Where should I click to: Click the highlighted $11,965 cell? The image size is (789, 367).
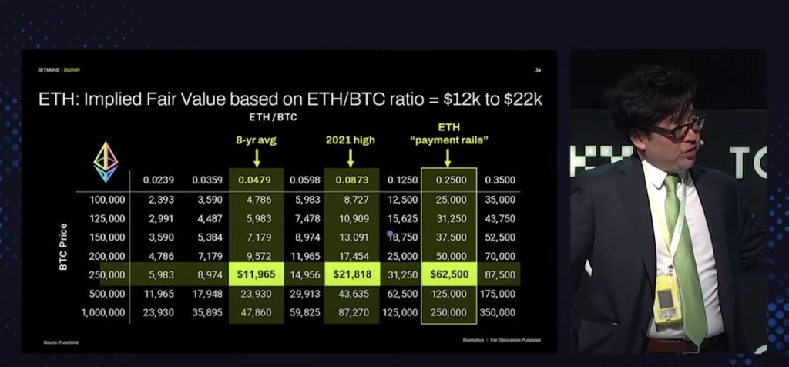pos(256,274)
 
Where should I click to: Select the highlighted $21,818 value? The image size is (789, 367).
pos(351,274)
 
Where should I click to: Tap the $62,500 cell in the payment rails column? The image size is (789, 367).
pos(448,274)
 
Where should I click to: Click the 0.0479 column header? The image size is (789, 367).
pos(257,180)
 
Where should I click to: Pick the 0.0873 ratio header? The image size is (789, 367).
pos(351,180)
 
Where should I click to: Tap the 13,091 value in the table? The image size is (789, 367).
pos(352,237)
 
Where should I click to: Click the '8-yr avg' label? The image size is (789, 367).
pos(257,141)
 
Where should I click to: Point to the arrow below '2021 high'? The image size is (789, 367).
pos(351,157)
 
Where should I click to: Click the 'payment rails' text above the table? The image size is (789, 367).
pos(448,140)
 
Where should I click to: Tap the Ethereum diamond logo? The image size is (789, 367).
pos(106,160)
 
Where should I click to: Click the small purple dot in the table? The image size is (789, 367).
pos(390,233)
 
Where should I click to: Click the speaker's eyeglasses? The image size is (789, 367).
pos(678,128)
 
